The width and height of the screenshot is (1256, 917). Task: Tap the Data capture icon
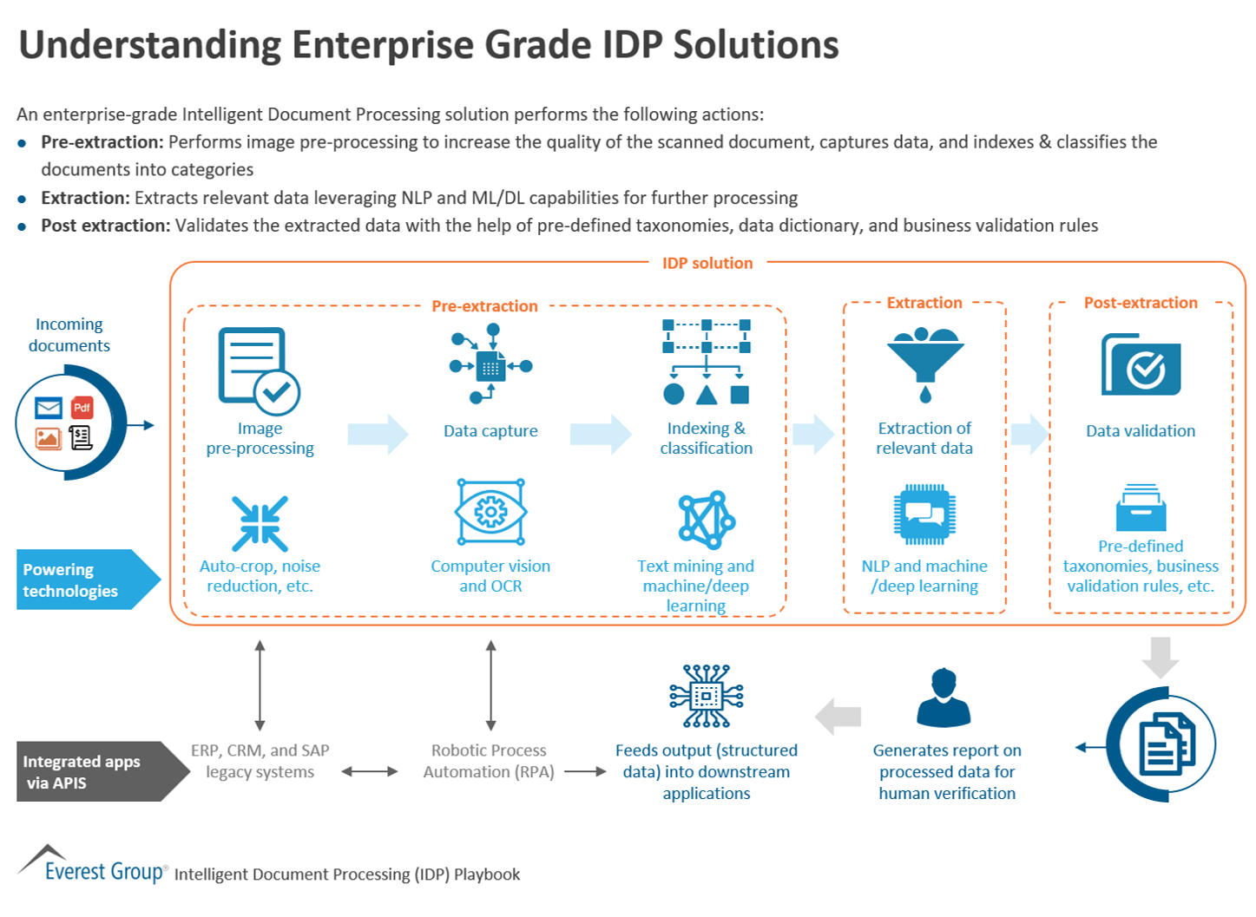[490, 364]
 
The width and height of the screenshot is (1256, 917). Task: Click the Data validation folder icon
[1141, 365]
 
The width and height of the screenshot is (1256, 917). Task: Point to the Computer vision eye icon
[490, 512]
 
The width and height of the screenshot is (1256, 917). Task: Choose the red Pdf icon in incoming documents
[82, 407]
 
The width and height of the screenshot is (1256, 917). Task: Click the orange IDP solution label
[707, 263]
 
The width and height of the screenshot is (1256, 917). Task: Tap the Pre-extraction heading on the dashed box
[484, 306]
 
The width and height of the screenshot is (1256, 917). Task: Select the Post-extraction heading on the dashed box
[1140, 303]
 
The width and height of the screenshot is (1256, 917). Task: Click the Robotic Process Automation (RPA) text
[489, 761]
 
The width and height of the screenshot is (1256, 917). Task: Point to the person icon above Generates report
[944, 698]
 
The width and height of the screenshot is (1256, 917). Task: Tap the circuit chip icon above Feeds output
[707, 696]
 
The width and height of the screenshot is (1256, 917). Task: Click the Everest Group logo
[91, 866]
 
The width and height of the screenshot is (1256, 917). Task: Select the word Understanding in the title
[149, 45]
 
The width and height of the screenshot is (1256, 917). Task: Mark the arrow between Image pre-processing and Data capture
[378, 434]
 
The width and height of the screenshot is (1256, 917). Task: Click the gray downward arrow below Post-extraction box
[1160, 658]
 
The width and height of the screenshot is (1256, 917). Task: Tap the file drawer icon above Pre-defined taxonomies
[1141, 508]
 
